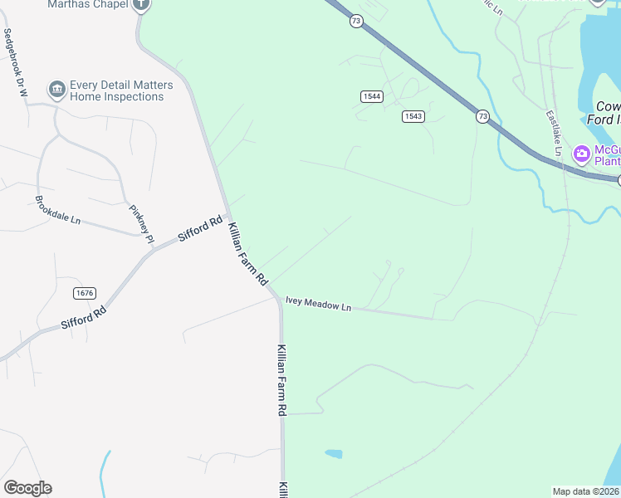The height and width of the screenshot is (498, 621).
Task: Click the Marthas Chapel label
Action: click(x=88, y=4)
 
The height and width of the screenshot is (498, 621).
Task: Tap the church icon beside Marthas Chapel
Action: click(x=142, y=3)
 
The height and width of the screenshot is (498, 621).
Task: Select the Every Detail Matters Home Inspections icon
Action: click(x=57, y=88)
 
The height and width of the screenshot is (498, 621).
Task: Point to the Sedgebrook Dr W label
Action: click(x=16, y=64)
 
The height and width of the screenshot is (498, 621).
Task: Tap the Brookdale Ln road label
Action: click(x=57, y=211)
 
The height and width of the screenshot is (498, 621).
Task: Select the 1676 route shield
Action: click(x=85, y=293)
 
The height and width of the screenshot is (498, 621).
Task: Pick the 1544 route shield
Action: click(x=371, y=97)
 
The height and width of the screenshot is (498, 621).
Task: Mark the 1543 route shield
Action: click(x=413, y=116)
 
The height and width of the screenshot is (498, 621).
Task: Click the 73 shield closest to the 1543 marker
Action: click(x=482, y=117)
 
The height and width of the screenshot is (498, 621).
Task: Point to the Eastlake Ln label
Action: click(x=554, y=132)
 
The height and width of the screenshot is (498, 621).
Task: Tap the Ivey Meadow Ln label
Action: click(x=318, y=305)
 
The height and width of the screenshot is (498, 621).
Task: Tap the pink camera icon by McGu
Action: click(x=581, y=153)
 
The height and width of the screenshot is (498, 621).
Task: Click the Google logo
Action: click(x=27, y=487)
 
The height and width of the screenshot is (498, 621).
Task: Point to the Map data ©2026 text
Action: click(x=586, y=491)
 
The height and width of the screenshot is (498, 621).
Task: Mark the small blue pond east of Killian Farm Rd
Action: click(x=333, y=454)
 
